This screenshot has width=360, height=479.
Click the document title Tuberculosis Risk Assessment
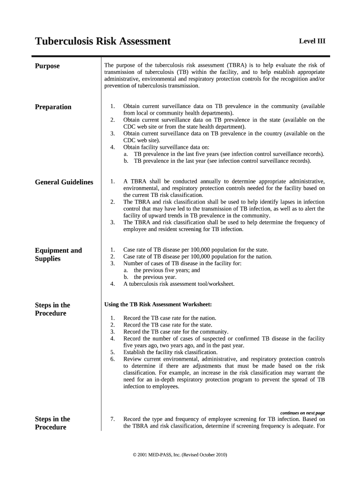pos(103,42)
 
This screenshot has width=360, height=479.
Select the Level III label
pos(312,41)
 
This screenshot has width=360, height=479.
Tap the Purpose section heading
pos(47,66)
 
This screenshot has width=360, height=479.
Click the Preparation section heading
pos(53,107)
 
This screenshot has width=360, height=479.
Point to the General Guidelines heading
pos(64,182)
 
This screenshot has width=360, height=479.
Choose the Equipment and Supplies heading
pos(58,254)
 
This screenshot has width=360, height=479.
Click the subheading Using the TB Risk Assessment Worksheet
pos(158,305)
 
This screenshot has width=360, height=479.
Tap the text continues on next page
pos(302,413)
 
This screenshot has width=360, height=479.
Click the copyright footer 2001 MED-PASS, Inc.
pos(180,454)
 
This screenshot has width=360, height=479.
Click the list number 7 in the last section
pos(112,419)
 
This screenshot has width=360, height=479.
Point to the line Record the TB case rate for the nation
pos(170,318)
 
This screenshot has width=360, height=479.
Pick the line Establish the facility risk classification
pos(170,352)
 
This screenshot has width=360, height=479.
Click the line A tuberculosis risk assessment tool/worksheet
pos(179,284)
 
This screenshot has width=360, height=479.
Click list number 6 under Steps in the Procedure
pos(112,359)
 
